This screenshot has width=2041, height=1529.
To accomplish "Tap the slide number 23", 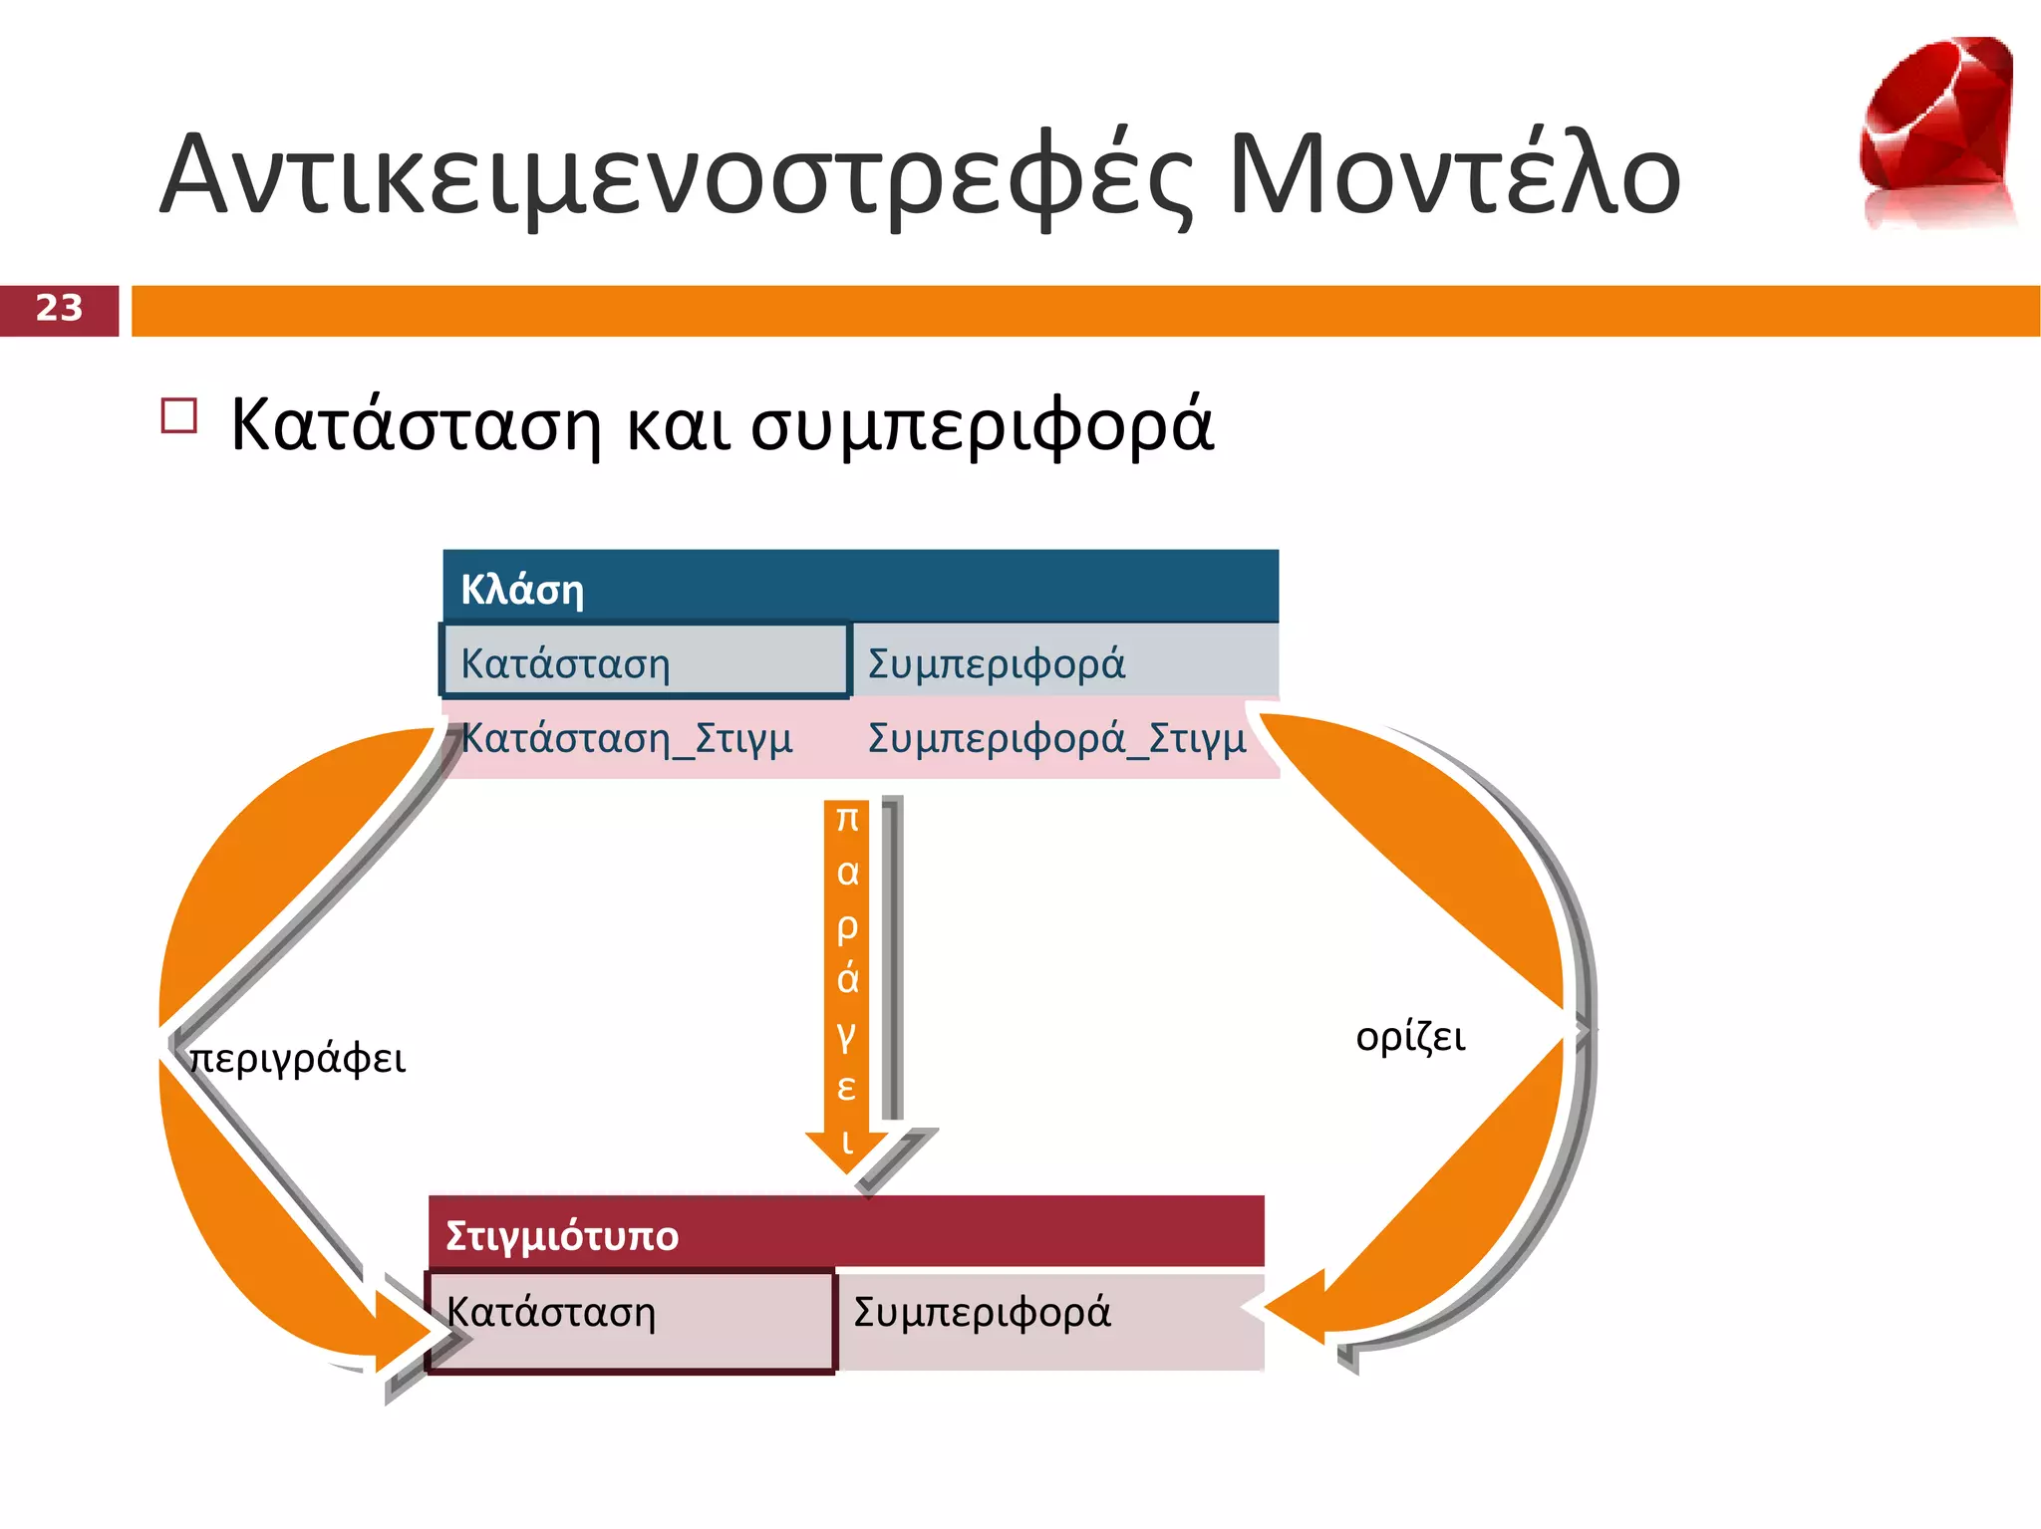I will click(x=59, y=309).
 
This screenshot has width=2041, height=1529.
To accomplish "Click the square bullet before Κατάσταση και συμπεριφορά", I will click(x=178, y=415).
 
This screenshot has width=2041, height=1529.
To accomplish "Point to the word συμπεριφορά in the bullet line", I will click(x=982, y=424).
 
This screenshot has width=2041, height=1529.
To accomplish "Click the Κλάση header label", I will click(x=522, y=590).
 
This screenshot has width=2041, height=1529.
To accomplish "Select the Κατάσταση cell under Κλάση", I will click(x=644, y=661).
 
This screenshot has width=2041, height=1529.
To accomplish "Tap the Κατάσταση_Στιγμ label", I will click(x=626, y=738).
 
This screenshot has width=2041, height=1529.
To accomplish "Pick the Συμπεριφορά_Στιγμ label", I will click(x=1056, y=738).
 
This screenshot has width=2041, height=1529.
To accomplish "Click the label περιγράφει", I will click(x=297, y=1058).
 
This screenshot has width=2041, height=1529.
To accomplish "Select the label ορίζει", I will click(x=1410, y=1037).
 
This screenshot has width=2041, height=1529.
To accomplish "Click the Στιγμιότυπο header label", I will click(x=562, y=1235).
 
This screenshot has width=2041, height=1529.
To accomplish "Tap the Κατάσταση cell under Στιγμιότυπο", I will click(x=630, y=1320).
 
